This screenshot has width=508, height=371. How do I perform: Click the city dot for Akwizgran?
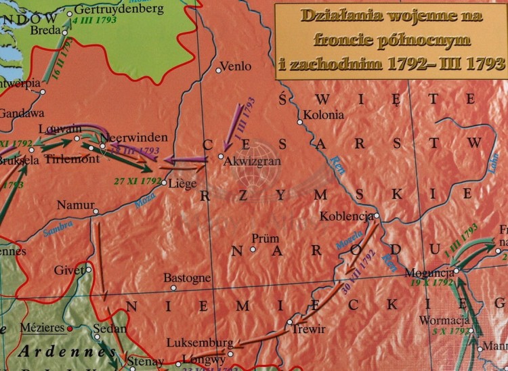point(220,156)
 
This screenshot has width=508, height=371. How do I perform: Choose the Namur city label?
point(75,204)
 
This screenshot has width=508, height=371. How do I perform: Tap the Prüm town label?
point(265,239)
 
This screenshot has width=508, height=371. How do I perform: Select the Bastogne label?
point(187,278)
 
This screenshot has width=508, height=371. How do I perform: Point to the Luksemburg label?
point(203,343)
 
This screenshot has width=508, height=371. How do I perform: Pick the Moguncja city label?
point(427,273)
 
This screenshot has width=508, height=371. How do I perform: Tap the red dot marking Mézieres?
point(70,328)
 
